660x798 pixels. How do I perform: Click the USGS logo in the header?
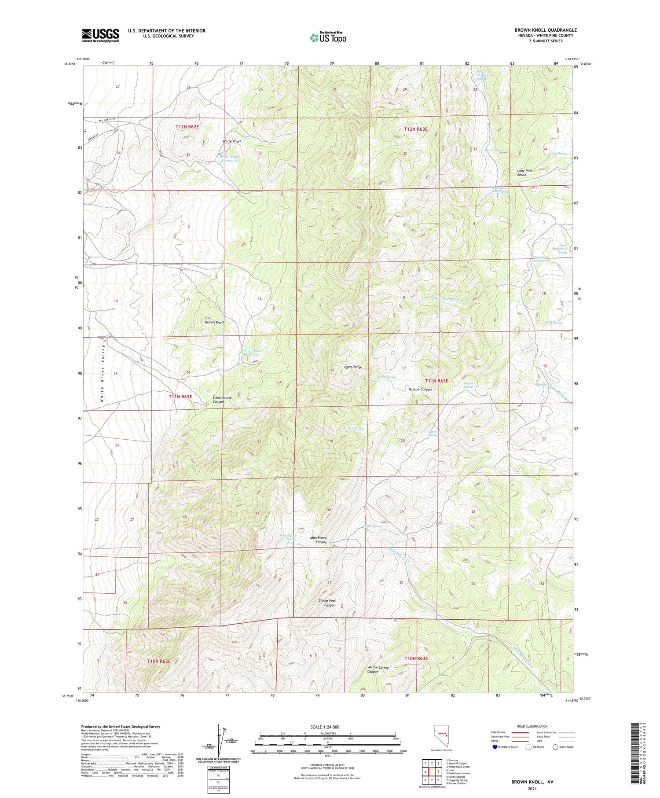tap(100, 35)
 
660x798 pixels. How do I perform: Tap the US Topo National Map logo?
tap(328, 37)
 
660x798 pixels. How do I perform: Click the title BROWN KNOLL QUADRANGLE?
tap(545, 30)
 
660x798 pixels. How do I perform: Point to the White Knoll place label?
tap(231, 141)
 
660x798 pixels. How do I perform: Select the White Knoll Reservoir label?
tap(229, 158)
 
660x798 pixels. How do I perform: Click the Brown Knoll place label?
tap(214, 322)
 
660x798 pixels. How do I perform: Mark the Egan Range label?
tap(353, 367)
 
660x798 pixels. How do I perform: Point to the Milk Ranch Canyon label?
tap(319, 540)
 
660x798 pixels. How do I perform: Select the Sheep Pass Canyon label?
tap(327, 603)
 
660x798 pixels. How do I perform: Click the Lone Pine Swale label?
tap(524, 173)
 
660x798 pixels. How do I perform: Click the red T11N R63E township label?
tap(436, 381)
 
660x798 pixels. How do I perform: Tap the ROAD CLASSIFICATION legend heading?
tap(532, 726)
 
